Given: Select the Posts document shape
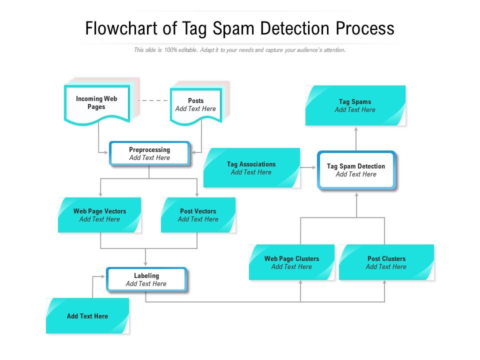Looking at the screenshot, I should click(195, 105).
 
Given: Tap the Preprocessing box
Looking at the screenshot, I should click(149, 153).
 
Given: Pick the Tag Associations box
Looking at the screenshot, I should click(251, 168).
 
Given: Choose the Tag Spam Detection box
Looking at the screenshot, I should click(356, 170).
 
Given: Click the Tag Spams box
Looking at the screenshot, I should click(355, 105).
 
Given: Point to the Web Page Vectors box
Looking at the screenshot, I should click(99, 215).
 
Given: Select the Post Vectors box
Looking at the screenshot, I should click(198, 215).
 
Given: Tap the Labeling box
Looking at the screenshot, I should click(146, 279).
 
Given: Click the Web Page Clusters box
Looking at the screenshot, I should click(291, 262).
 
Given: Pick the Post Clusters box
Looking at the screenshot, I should click(386, 262).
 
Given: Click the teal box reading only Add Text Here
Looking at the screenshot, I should click(87, 316).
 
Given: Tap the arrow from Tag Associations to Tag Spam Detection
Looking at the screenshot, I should click(308, 168).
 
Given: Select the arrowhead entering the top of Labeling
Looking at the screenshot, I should click(145, 264).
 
